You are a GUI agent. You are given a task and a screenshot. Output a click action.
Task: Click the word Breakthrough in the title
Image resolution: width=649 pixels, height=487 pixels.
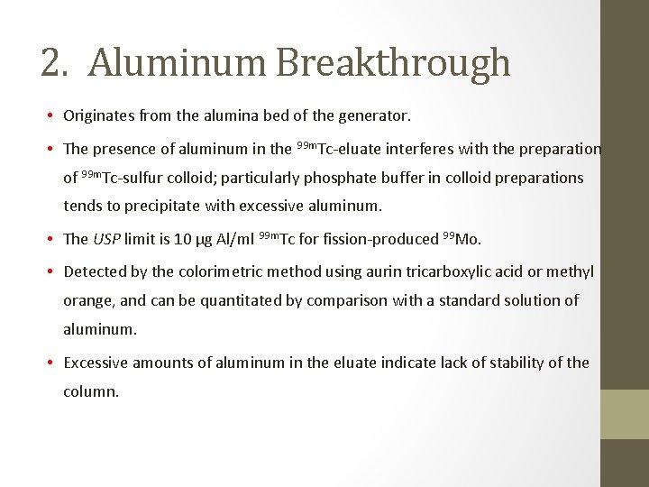click(x=393, y=63)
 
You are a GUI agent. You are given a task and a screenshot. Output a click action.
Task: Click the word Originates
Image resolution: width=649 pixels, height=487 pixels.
click(x=101, y=116)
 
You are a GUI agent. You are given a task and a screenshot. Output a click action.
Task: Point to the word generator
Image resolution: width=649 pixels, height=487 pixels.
click(x=374, y=116)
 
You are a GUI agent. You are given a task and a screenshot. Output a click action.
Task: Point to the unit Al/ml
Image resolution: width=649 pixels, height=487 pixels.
click(x=233, y=239)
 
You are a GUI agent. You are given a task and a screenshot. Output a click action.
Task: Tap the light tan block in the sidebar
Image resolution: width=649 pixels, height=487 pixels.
click(x=624, y=414)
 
